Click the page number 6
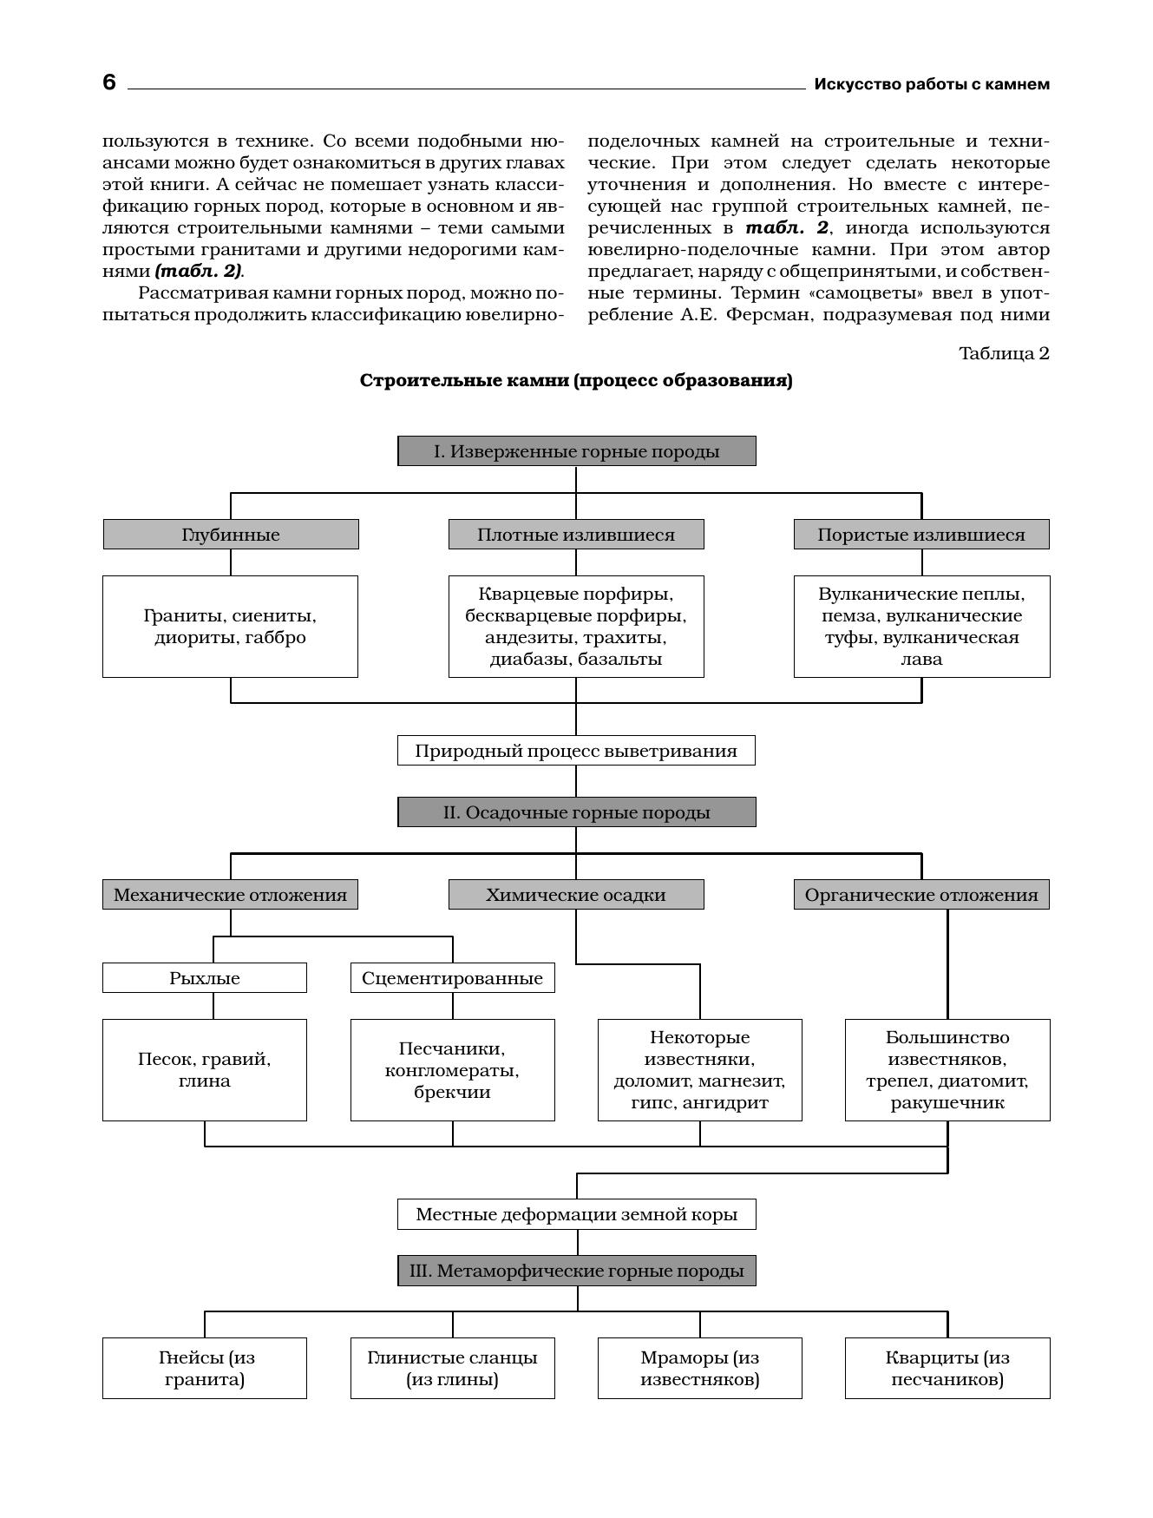click(109, 82)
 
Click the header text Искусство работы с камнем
click(931, 84)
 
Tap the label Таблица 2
click(1003, 353)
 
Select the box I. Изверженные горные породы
click(576, 451)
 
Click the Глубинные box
click(231, 535)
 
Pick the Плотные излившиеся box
click(576, 535)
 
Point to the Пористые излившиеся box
click(921, 535)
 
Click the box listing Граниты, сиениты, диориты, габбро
click(230, 627)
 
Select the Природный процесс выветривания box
click(576, 751)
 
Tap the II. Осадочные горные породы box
click(576, 812)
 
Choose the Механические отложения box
click(230, 895)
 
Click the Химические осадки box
click(576, 895)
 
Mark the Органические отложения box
click(921, 895)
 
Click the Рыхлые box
click(205, 978)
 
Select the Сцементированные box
click(452, 978)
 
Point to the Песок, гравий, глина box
click(205, 1070)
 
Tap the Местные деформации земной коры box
click(576, 1214)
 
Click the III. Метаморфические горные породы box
click(576, 1271)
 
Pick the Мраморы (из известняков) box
click(699, 1369)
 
